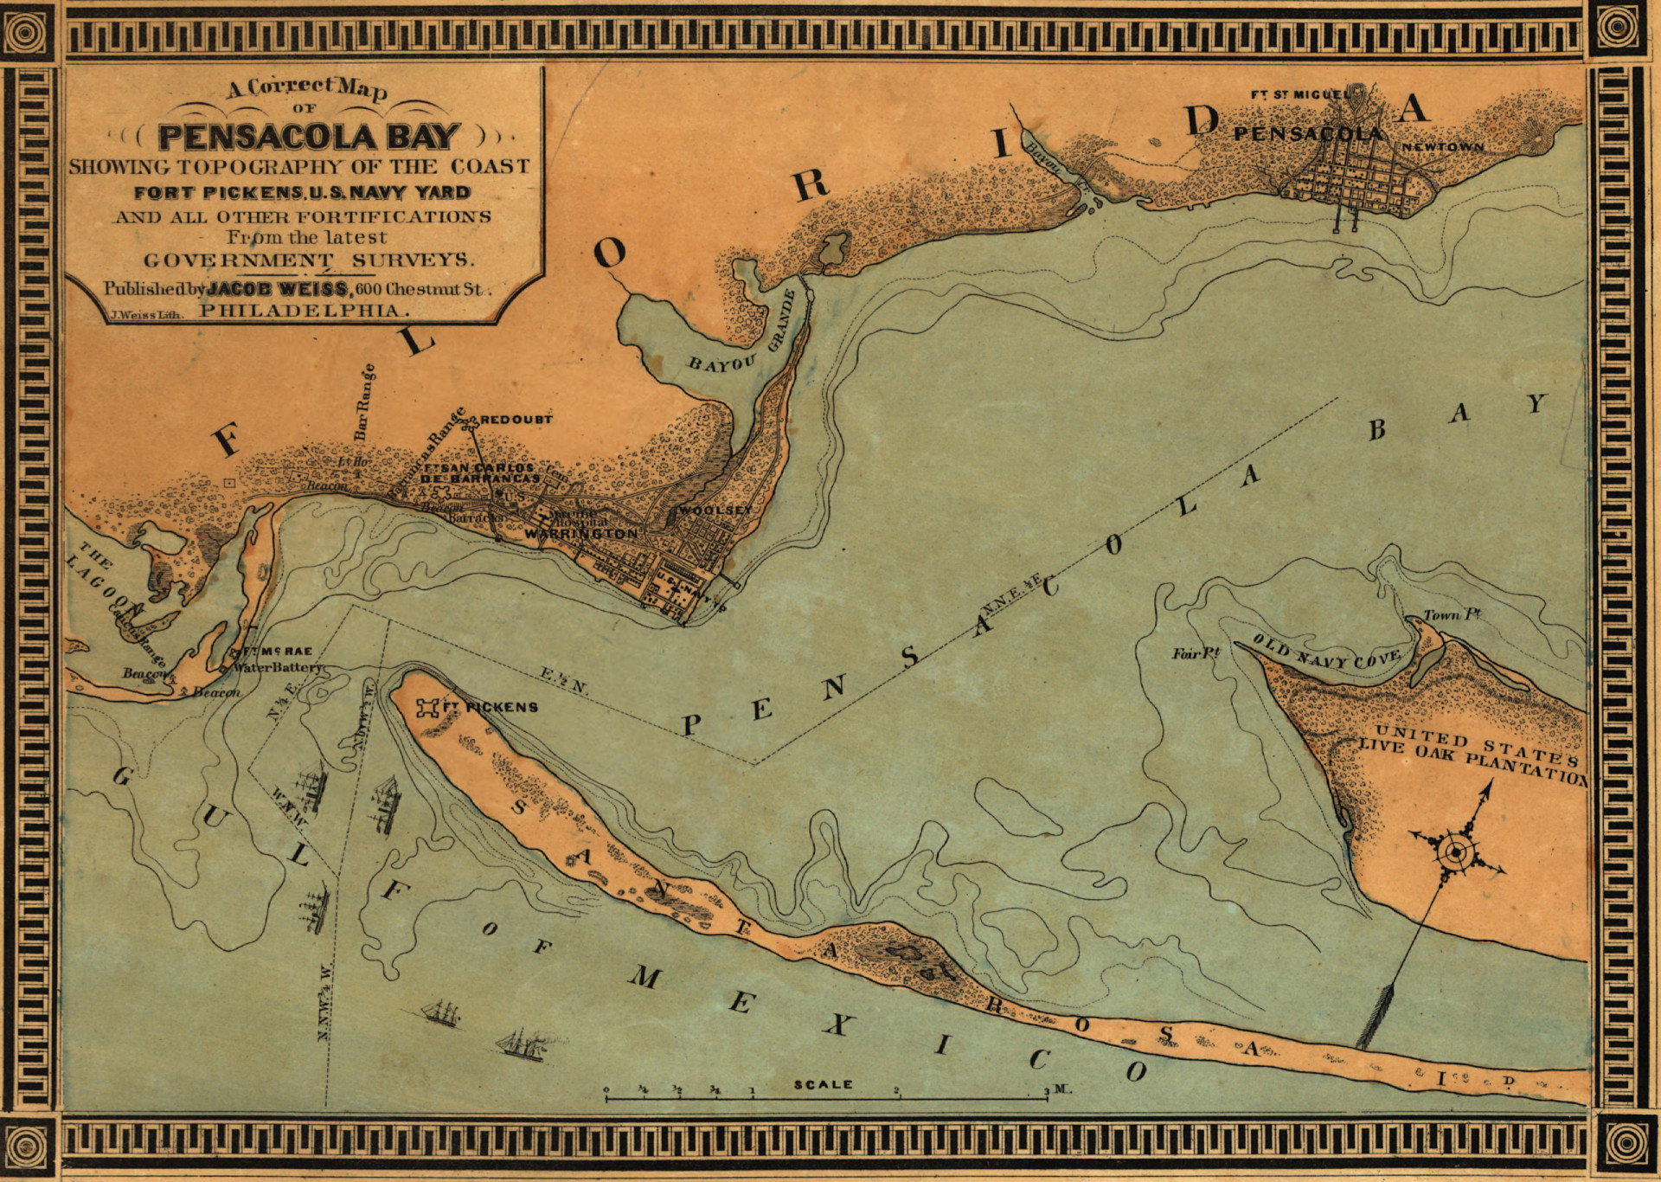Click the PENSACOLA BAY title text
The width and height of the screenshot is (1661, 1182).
(309, 137)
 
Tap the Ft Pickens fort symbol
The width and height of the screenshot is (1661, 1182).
(427, 708)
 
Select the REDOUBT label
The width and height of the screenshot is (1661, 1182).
(516, 420)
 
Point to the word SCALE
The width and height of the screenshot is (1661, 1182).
(824, 1084)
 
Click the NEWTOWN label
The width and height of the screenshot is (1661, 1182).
(1442, 147)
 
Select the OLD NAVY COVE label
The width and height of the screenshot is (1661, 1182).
(1325, 652)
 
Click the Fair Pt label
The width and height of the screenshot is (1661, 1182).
(1196, 653)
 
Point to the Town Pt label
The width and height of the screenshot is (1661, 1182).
(1452, 615)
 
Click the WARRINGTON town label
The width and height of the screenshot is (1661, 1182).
(580, 534)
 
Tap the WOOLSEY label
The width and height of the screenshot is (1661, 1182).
(716, 511)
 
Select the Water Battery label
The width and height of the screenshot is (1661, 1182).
(279, 668)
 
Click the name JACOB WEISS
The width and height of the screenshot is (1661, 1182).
(279, 289)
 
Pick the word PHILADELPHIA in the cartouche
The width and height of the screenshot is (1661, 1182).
(301, 311)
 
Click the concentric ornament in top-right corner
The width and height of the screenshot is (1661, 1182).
(1614, 28)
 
